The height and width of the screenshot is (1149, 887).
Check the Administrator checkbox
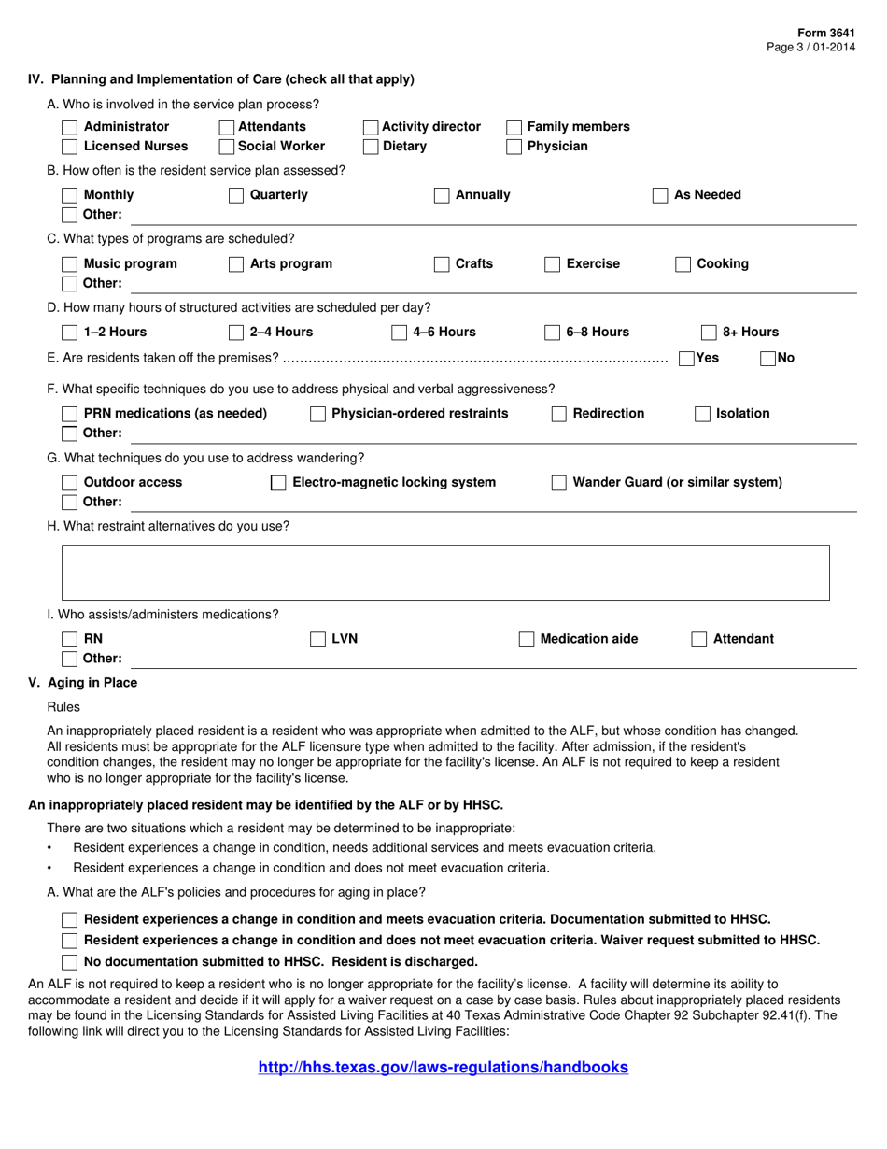[69, 127]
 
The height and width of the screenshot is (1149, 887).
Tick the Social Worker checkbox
[226, 146]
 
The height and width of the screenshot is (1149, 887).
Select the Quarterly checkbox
[236, 195]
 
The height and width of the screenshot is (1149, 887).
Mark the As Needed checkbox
[660, 195]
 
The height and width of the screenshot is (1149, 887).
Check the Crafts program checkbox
[442, 264]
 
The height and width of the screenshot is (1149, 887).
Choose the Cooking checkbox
[683, 264]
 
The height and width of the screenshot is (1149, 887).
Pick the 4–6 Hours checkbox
[399, 333]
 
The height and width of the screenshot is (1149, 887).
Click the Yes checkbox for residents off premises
[686, 358]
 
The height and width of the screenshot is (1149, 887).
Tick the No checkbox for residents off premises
[767, 358]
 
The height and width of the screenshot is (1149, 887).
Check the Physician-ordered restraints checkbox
[317, 414]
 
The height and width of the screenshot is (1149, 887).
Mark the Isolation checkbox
[703, 414]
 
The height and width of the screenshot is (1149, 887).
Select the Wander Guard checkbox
[559, 483]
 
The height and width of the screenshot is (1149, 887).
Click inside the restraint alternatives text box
[444, 572]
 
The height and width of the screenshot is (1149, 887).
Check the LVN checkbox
[317, 640]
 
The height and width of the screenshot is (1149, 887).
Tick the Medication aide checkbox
[527, 640]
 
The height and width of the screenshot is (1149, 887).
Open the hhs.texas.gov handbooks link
[443, 1067]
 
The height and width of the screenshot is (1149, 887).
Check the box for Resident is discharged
[69, 961]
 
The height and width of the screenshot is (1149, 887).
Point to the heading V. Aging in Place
[83, 683]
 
